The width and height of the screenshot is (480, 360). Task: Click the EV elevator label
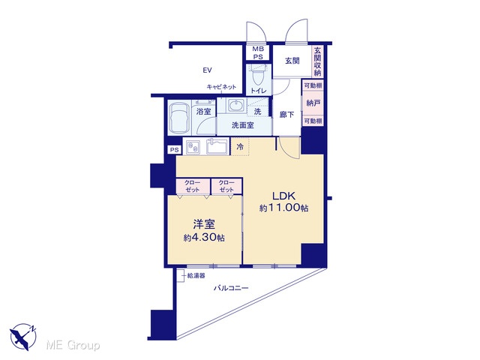click(207, 70)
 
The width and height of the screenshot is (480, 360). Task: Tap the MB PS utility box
click(258, 52)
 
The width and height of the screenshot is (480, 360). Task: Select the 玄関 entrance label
click(292, 61)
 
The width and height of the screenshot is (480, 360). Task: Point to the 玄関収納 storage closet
click(318, 61)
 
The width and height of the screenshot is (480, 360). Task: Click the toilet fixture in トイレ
click(257, 76)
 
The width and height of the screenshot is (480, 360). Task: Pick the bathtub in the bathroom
click(179, 117)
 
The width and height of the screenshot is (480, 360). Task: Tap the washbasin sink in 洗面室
click(235, 106)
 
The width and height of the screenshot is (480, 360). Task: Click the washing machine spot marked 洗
click(258, 112)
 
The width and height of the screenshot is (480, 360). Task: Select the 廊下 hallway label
click(286, 115)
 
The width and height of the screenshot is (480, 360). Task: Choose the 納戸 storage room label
click(313, 103)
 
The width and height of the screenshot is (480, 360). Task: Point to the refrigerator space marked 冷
click(240, 147)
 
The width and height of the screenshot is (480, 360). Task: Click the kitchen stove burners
click(193, 147)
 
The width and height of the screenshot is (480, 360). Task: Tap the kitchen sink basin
click(217, 147)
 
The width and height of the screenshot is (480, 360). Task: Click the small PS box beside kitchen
click(174, 150)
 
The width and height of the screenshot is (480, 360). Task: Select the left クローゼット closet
click(193, 186)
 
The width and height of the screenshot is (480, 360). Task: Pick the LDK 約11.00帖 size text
click(283, 208)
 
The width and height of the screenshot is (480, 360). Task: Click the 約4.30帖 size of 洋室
click(204, 238)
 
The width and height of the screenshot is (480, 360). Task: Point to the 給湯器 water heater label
click(196, 276)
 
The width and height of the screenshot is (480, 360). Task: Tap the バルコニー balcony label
click(231, 288)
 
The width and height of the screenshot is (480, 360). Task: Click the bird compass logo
click(22, 337)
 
